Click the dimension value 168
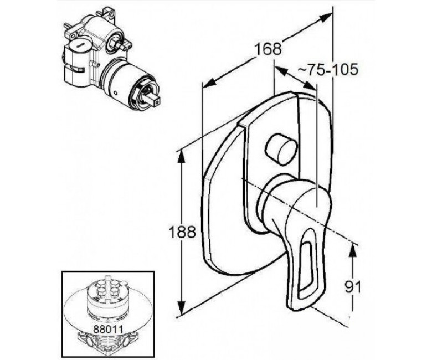point(268,49)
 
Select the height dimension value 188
point(182,232)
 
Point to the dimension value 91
point(352,287)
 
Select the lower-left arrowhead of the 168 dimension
point(209,83)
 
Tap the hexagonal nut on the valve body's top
point(113,42)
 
